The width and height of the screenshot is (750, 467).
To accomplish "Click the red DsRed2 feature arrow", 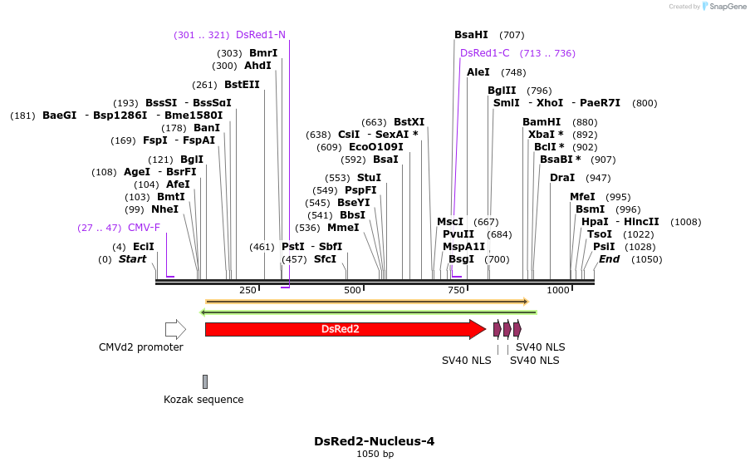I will pyautogui.click(x=345, y=329).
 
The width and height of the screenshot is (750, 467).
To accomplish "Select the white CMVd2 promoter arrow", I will pyautogui.click(x=175, y=329).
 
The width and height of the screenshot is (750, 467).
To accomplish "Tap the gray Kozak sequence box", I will pyautogui.click(x=205, y=381).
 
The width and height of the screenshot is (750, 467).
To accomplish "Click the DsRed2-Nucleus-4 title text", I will pyautogui.click(x=374, y=441).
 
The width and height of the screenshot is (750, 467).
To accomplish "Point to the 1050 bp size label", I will pyautogui.click(x=375, y=455).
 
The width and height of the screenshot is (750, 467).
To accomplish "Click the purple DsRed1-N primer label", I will pyautogui.click(x=260, y=35).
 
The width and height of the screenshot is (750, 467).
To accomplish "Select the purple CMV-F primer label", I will pyautogui.click(x=144, y=228).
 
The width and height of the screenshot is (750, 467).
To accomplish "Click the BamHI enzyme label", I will pyautogui.click(x=542, y=122).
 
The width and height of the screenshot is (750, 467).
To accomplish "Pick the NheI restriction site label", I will pyautogui.click(x=164, y=209).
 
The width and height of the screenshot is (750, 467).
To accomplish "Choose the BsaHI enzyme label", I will pyautogui.click(x=471, y=35).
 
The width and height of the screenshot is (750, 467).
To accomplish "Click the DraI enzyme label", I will pyautogui.click(x=562, y=178).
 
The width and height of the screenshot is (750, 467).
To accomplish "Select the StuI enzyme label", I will pyautogui.click(x=369, y=178).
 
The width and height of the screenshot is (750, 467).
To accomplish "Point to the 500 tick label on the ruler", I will pyautogui.click(x=353, y=290).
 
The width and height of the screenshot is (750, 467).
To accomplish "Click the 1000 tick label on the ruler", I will pyautogui.click(x=558, y=290).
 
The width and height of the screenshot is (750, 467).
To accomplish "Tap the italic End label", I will pyautogui.click(x=609, y=259).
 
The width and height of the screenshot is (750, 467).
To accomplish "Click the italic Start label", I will pyautogui.click(x=132, y=259).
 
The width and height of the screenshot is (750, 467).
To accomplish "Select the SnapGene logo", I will pyautogui.click(x=722, y=7).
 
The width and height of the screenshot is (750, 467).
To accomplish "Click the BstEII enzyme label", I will pyautogui.click(x=242, y=85).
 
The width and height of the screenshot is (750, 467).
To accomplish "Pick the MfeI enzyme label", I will pyautogui.click(x=582, y=197).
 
